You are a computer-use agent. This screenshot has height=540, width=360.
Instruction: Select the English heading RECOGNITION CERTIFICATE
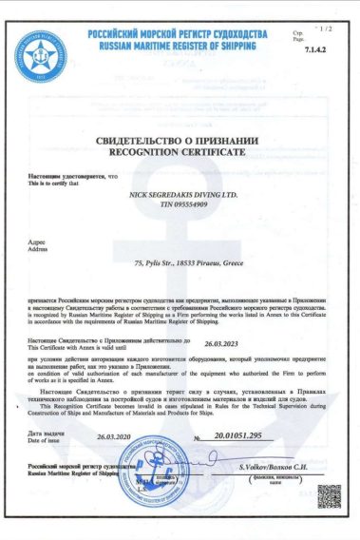click(180, 152)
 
